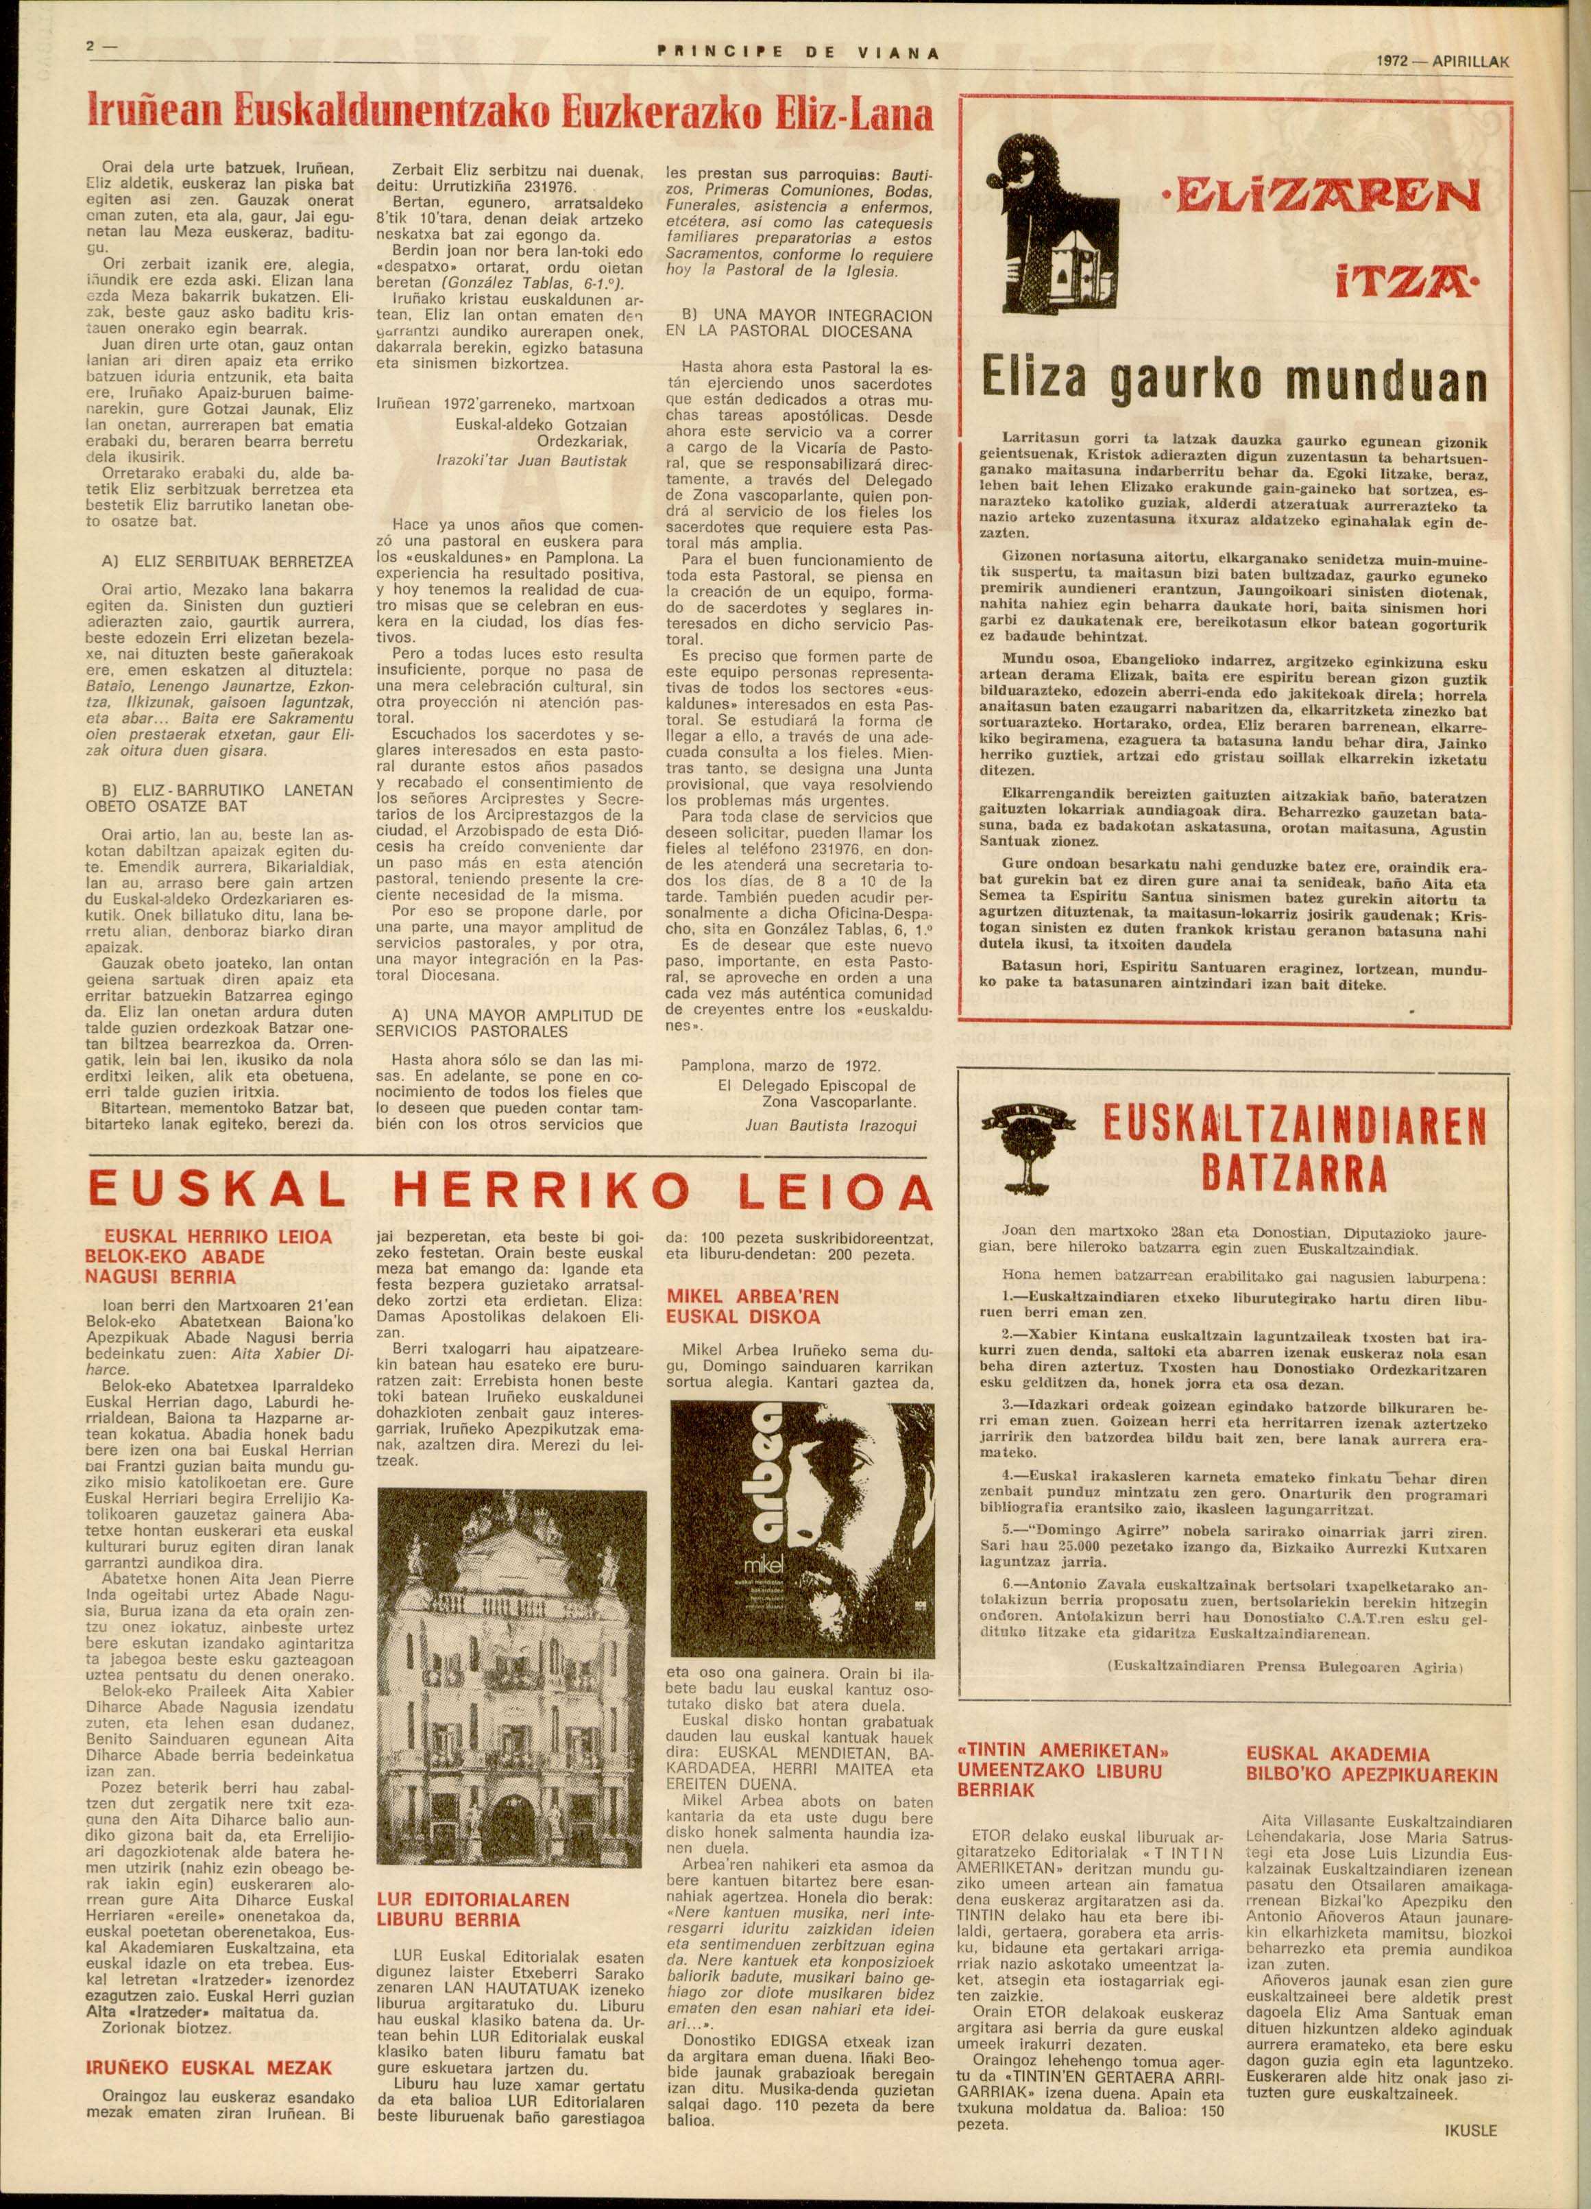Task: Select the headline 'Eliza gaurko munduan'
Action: [1234, 385]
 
